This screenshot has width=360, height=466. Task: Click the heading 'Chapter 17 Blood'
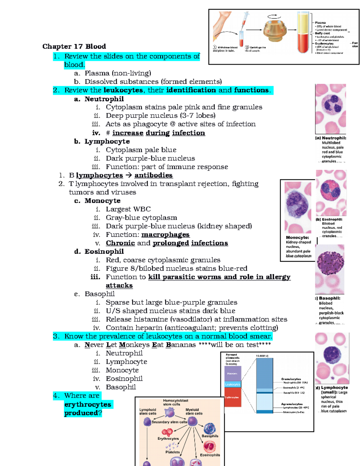click(74, 47)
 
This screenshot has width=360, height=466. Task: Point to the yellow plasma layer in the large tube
click(303, 23)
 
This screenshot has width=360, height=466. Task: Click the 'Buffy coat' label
click(322, 33)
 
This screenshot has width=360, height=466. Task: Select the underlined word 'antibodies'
click(153, 175)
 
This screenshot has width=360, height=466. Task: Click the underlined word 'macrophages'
click(165, 235)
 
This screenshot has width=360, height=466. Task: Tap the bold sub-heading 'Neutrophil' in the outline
click(104, 99)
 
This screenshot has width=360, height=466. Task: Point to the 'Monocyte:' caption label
click(297, 237)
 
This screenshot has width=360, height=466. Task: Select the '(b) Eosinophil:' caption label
click(329, 219)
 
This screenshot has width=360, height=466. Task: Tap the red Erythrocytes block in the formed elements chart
click(232, 397)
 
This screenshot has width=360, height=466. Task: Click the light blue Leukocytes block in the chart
click(232, 384)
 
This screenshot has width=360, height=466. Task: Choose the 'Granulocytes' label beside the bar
click(291, 379)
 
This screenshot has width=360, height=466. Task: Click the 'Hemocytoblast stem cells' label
click(175, 402)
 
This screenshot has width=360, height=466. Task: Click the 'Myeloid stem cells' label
click(194, 411)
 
